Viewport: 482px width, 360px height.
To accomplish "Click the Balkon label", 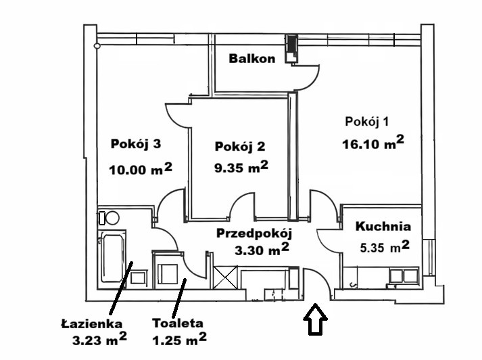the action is coord(252,58).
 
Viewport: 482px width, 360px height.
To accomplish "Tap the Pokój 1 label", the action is coord(366,122).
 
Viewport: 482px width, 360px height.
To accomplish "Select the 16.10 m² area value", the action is coord(373,143).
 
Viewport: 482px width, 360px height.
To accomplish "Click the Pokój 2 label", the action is coord(240,146).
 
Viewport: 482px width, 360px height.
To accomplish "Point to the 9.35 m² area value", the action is coord(241,166).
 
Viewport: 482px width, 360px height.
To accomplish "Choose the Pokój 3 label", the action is coord(136,144).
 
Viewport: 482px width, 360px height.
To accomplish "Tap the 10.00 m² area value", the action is coord(141,168).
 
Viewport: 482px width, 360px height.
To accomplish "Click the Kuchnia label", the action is coord(383,227).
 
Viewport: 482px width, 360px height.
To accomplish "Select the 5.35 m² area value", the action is coord(385,247).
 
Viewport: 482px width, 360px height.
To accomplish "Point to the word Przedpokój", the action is coord(254,233).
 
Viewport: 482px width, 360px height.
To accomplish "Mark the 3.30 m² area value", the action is coord(262,250).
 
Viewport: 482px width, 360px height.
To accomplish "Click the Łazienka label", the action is coord(92,323).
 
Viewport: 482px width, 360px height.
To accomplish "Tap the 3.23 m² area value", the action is coord(99,340).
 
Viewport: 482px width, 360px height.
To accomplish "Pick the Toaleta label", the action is coord(178,323).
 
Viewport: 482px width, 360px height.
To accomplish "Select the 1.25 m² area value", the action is coord(180,339).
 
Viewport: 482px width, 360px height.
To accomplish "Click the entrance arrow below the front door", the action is coord(315,319).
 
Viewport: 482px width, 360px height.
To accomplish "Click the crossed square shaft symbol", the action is coord(225,277).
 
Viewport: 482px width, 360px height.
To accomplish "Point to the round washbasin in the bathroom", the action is coord(112,218).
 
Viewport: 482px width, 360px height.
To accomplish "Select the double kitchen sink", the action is coord(404,275).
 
